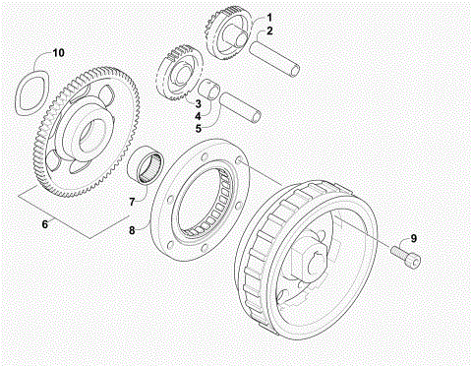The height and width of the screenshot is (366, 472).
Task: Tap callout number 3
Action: point(198,102)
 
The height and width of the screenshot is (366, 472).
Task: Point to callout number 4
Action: point(198,115)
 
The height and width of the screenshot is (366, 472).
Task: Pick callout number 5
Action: point(198,128)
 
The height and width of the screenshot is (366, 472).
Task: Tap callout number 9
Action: point(442,237)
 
